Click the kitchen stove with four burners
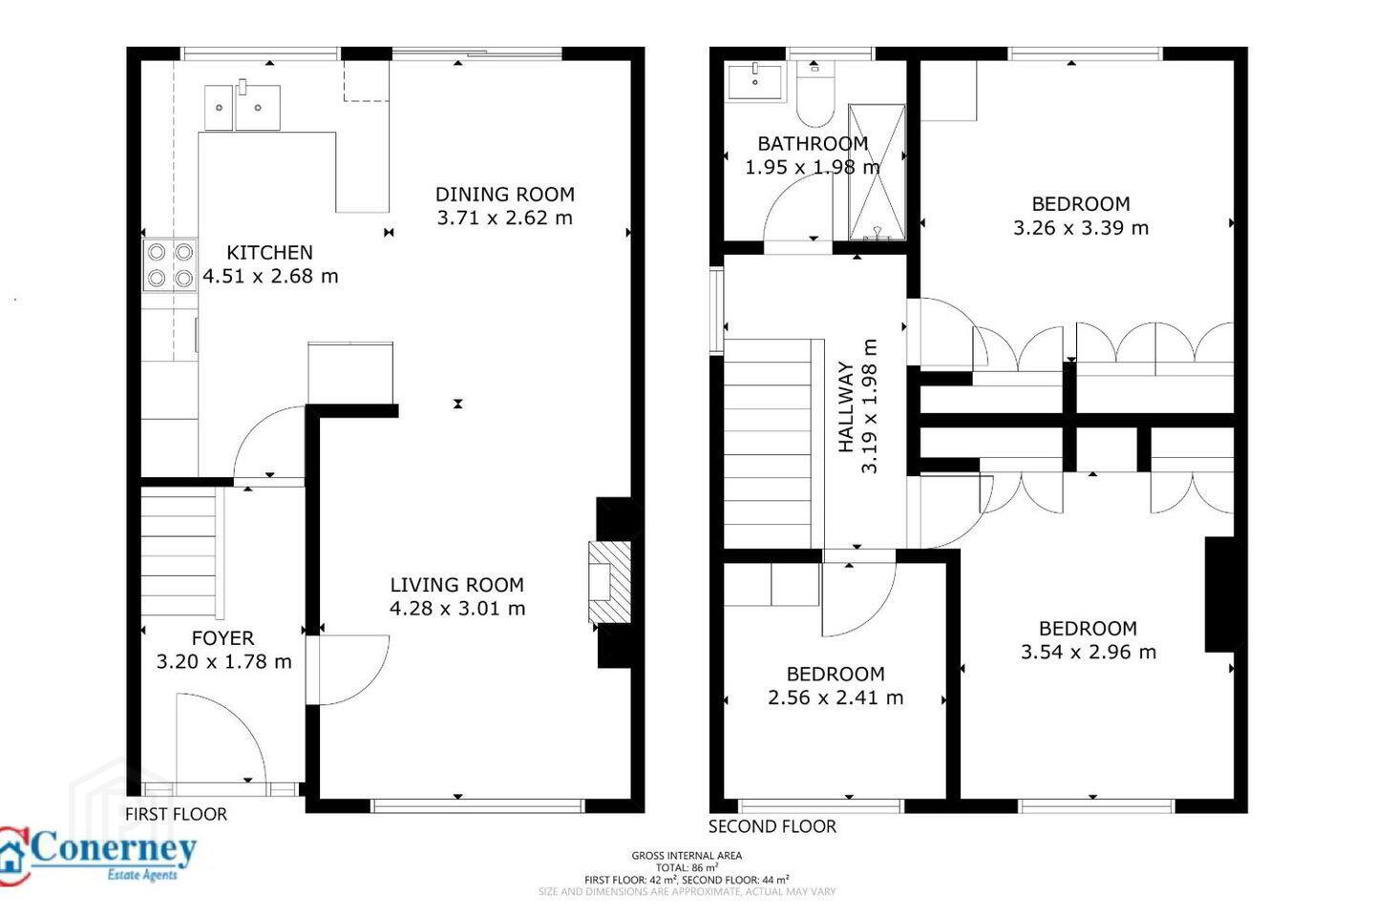(x=170, y=265)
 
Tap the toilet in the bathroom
(x=815, y=94)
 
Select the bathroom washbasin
(x=755, y=81)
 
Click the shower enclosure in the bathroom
(x=877, y=173)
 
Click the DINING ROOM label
(x=504, y=195)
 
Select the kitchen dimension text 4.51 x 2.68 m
(x=270, y=276)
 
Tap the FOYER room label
(x=222, y=638)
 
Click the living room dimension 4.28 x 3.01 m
(x=457, y=609)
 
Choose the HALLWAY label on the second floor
(x=846, y=407)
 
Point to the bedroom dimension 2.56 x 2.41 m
(x=836, y=697)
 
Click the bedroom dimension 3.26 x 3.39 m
(x=1080, y=228)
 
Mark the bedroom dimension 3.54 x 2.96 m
(x=1089, y=653)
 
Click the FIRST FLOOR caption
(x=176, y=814)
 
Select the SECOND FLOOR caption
(x=772, y=826)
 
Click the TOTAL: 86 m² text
(x=687, y=867)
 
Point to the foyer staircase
(x=180, y=552)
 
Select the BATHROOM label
(x=813, y=143)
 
